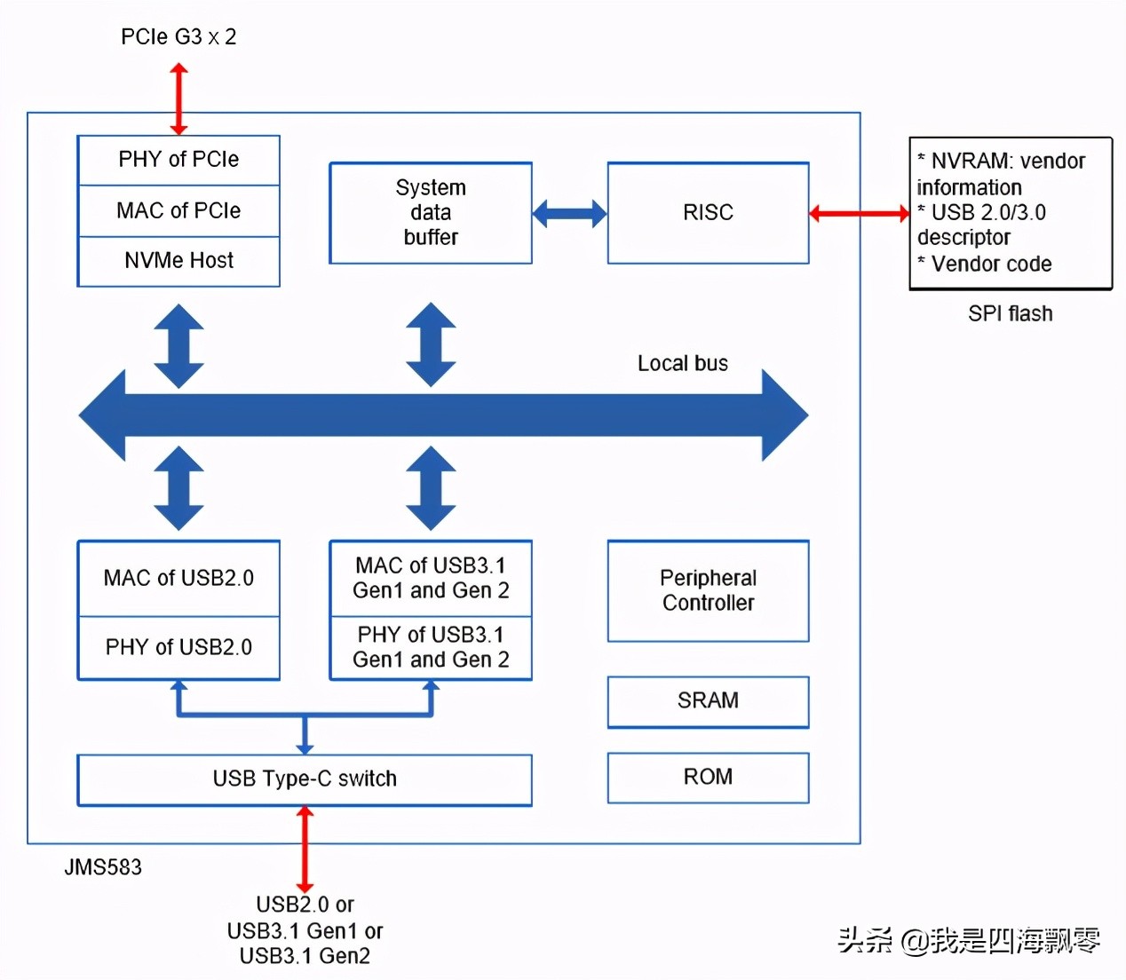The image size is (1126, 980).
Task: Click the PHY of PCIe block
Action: [178, 160]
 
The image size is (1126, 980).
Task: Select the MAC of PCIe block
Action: [178, 210]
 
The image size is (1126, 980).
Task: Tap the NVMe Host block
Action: [178, 261]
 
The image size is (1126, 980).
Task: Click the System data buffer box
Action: [431, 213]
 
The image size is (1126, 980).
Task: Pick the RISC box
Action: [708, 213]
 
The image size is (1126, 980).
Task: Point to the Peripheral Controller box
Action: [708, 590]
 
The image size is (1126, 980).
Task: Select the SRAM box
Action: [708, 701]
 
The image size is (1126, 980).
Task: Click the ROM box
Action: [708, 778]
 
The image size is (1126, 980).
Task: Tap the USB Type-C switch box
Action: [305, 779]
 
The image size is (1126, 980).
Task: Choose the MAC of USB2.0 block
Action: [178, 578]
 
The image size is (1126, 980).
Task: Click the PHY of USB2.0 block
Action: [178, 647]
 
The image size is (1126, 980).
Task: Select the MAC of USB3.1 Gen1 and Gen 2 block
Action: [431, 578]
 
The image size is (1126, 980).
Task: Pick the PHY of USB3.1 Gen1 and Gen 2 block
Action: [431, 648]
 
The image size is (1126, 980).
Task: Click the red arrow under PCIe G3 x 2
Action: [178, 98]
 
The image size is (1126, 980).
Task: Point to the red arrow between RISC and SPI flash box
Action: [859, 213]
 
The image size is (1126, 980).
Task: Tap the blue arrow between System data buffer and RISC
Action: [569, 213]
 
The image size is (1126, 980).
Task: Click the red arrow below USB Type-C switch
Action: [305, 850]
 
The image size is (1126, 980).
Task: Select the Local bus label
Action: [682, 364]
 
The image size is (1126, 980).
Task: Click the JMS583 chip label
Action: [103, 867]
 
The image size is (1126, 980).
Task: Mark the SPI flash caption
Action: [1010, 314]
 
